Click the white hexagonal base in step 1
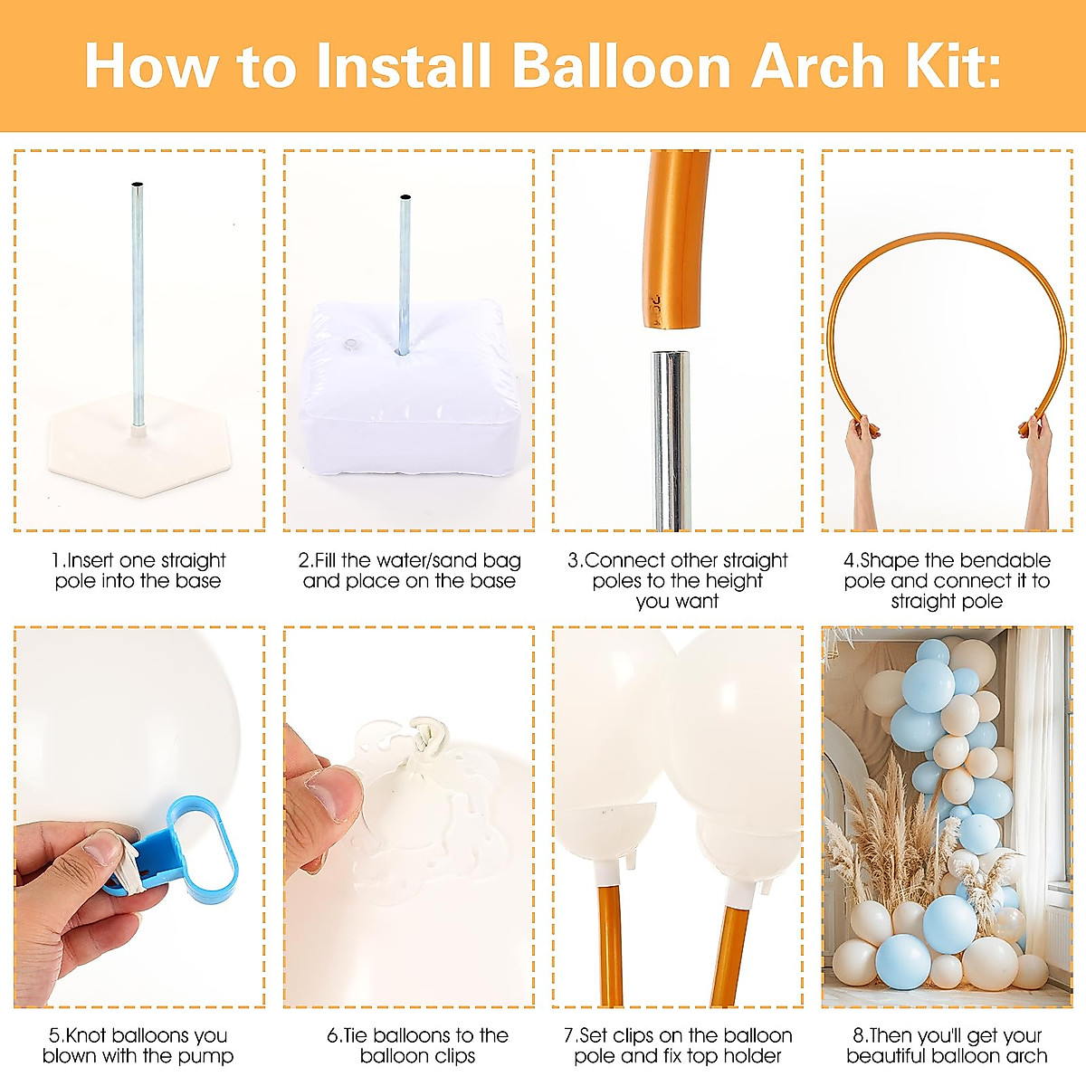click(135, 452)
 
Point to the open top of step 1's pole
click(136, 186)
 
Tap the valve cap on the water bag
click(350, 344)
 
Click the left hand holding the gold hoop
click(859, 443)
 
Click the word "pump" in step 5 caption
click(210, 1056)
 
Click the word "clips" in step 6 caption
click(445, 1056)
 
